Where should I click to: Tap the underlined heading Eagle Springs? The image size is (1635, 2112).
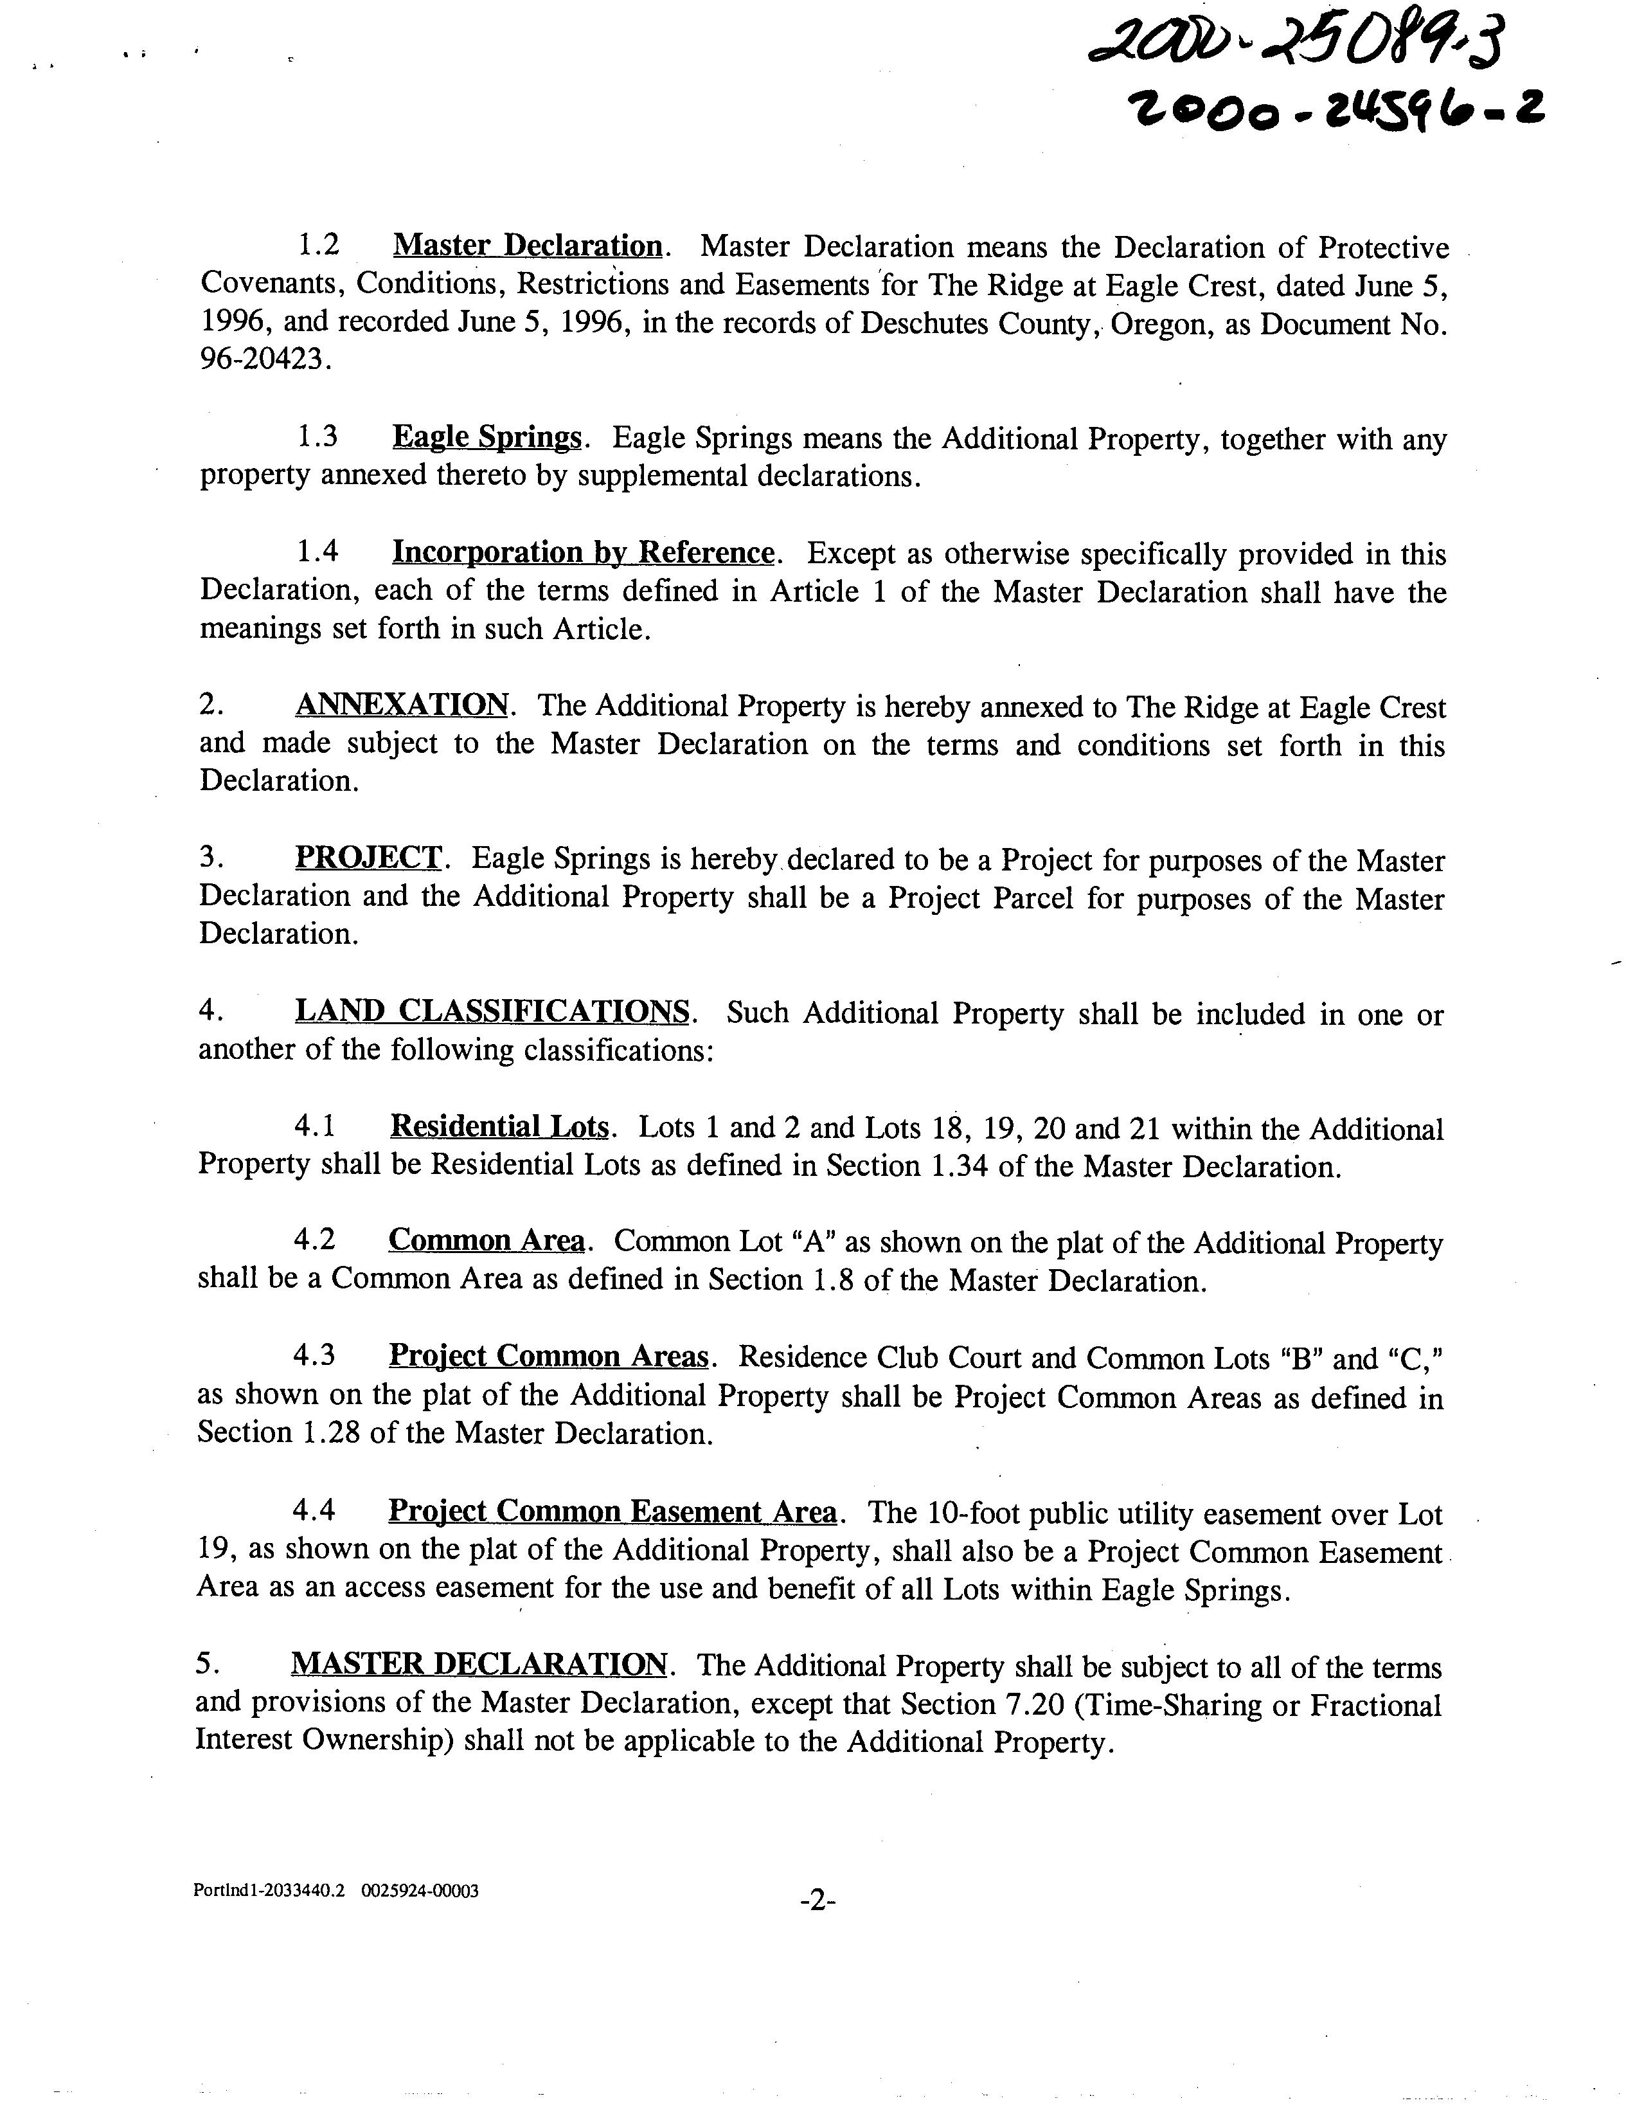pos(487,437)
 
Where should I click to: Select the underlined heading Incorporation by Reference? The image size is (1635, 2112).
pos(582,552)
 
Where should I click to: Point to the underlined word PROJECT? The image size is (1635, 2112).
pos(368,857)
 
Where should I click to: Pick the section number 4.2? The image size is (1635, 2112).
pos(315,1241)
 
